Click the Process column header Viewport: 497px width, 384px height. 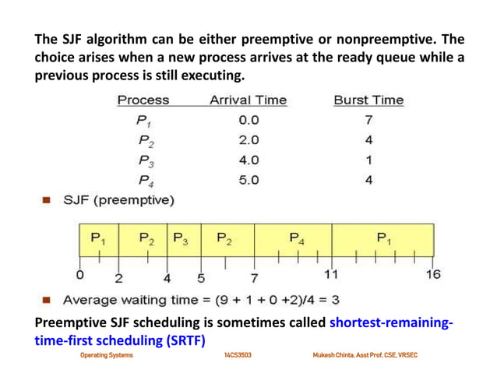143,100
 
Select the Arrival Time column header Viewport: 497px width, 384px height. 248,100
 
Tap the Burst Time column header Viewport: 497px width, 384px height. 368,100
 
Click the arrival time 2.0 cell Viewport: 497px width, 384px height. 248,140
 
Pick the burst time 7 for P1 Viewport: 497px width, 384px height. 368,121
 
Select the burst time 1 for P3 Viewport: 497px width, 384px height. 368,160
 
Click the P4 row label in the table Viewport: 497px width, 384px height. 145,181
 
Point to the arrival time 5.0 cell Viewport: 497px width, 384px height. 248,181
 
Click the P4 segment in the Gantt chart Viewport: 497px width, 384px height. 297,238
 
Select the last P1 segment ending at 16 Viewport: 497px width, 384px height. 383,238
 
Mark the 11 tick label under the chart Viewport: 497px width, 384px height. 330,275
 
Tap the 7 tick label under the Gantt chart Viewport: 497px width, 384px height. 254,277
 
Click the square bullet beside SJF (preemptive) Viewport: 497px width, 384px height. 47,202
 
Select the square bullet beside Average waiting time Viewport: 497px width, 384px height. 47,300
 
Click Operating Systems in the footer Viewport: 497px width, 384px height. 107,355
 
